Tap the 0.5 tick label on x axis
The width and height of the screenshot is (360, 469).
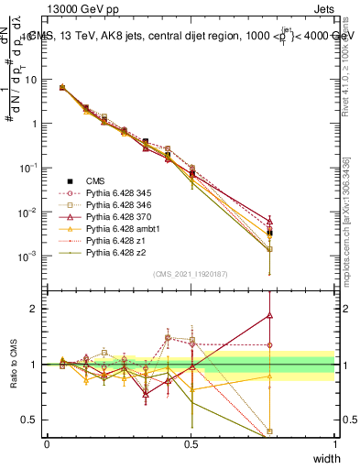tap(191, 443)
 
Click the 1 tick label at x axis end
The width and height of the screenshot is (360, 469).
tap(334, 443)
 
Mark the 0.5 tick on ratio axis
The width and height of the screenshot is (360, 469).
tap(32, 420)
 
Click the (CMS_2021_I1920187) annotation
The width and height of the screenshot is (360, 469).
tap(190, 274)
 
